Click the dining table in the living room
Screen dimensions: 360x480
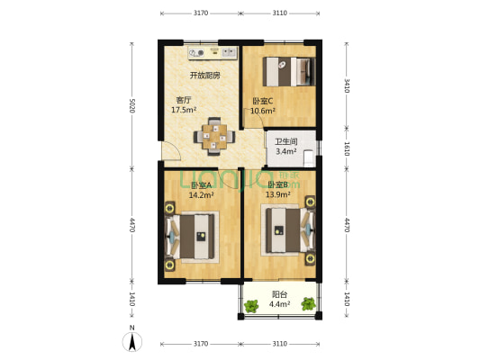tap(215, 135)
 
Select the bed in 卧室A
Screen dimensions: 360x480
tap(194, 236)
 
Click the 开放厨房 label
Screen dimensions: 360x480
tap(204, 76)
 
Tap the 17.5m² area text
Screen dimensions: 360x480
tap(185, 110)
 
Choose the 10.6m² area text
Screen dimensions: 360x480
tap(263, 112)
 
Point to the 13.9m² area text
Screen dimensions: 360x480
tap(278, 193)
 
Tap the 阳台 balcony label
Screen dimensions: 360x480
tap(280, 294)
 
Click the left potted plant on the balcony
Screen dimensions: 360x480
tap(251, 304)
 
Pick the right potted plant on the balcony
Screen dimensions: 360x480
tap(309, 303)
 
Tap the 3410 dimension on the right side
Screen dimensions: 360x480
tap(347, 85)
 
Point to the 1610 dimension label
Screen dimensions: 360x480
tap(347, 148)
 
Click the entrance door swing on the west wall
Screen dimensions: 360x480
tap(170, 153)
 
